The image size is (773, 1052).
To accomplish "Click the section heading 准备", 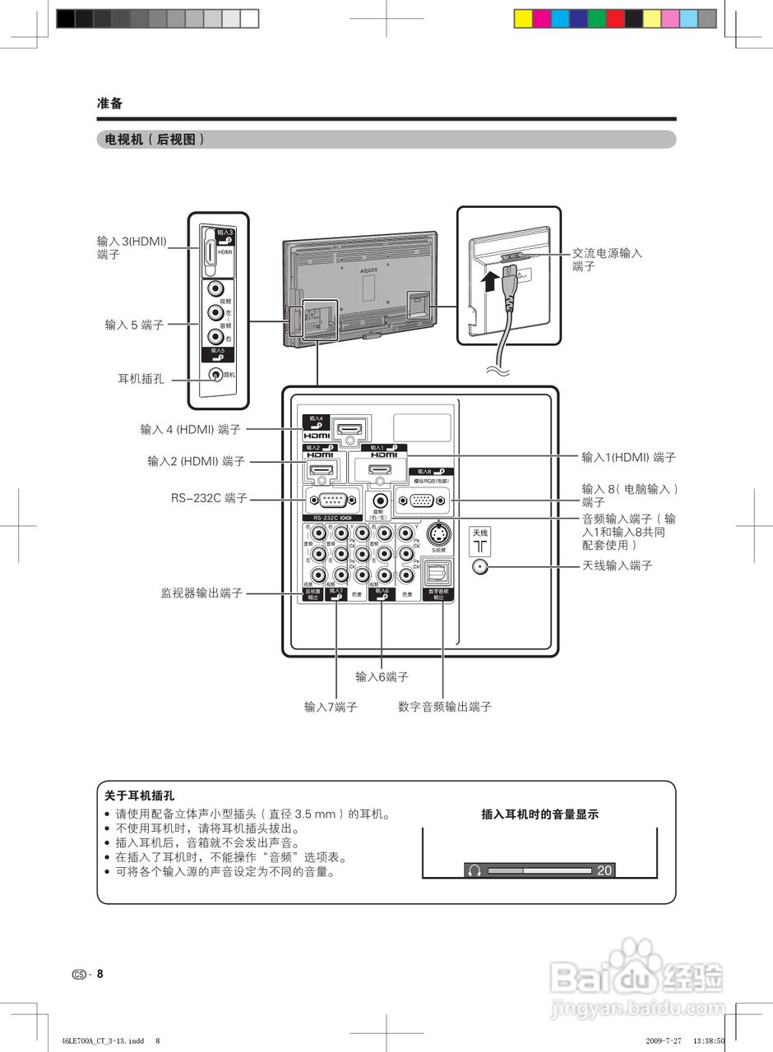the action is pos(109,104).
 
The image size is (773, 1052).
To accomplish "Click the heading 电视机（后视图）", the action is pos(150,140).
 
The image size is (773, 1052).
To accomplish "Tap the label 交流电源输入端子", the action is pos(607,260).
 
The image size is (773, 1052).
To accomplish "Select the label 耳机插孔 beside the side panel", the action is pos(141,379).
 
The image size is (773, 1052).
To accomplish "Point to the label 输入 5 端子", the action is pos(134,325).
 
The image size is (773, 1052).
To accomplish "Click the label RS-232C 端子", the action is pos(209,498).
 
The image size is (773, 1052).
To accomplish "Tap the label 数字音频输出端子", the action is pos(445,706).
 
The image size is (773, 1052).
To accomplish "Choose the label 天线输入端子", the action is pos(618,565).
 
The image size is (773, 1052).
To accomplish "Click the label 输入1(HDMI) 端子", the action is pos(628,457).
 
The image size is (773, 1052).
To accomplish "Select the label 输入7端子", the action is pos(331,706).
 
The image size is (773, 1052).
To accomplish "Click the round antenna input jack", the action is pos(480,565).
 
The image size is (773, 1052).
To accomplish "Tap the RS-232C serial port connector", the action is pos(332,500).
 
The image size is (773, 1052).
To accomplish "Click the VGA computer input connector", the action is pos(422,500).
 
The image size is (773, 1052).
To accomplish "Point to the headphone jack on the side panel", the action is pos(215,375).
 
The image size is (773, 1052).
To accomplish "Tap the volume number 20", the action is pos(604,870).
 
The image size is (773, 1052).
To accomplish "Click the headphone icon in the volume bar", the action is pos(474,870).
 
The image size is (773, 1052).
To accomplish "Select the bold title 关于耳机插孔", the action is pos(140,796).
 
